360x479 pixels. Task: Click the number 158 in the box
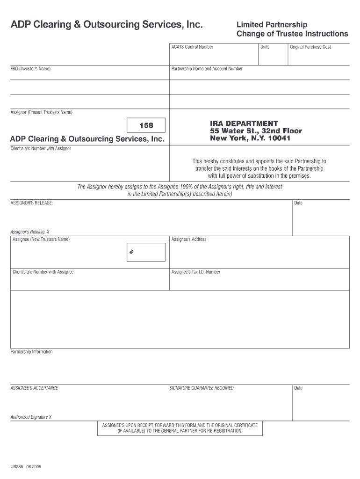click(x=146, y=125)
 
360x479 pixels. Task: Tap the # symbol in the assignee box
click(x=132, y=252)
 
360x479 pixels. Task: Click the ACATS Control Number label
click(x=192, y=47)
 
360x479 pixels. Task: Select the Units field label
click(x=265, y=47)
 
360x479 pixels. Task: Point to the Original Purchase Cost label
click(x=310, y=47)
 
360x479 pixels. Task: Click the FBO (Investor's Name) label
click(x=30, y=69)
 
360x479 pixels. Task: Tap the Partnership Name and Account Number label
click(x=207, y=69)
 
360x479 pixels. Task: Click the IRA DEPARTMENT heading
click(x=244, y=123)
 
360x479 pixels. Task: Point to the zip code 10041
click(x=278, y=138)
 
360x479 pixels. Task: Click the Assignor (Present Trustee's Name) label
click(x=41, y=112)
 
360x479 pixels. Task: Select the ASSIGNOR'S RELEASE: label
click(x=31, y=203)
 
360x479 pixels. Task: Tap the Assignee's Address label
click(x=188, y=239)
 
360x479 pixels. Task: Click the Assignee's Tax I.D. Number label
click(x=195, y=272)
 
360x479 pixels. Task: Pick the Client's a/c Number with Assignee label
click(x=43, y=272)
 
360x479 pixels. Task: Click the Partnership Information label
click(x=31, y=352)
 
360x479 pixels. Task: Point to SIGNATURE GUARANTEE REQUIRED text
click(x=201, y=388)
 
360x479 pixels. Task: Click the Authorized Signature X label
click(x=31, y=417)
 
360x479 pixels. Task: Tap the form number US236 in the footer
click(x=17, y=466)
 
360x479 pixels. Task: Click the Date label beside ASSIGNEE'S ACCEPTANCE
click(x=298, y=388)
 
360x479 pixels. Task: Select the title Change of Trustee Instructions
click(x=292, y=34)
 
